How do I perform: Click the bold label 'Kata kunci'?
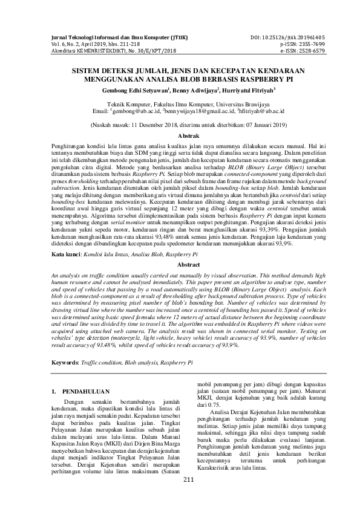click(65, 256)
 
